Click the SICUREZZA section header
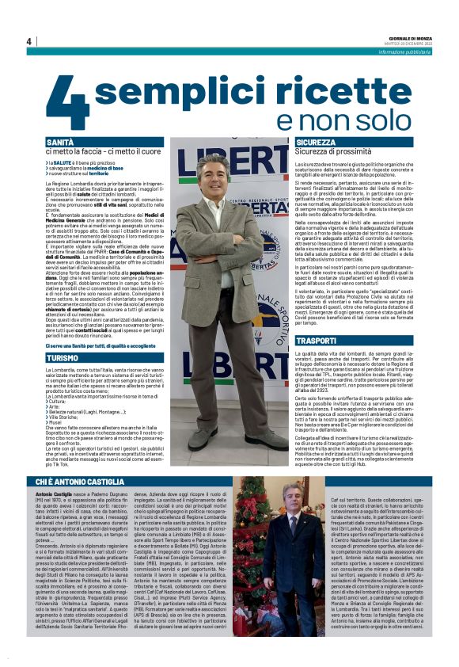pos(317,142)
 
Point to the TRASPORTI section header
pos(316,339)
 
